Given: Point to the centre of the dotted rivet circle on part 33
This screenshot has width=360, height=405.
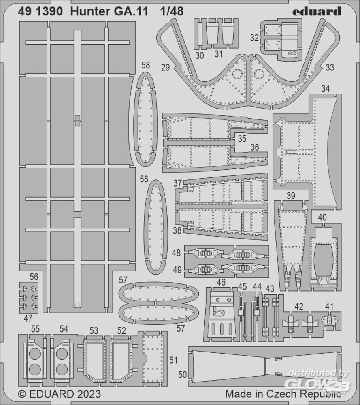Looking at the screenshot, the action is click(258, 75).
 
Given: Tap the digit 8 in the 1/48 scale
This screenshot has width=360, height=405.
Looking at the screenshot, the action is click(179, 12).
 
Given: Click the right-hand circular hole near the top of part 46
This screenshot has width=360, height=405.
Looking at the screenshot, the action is click(229, 300).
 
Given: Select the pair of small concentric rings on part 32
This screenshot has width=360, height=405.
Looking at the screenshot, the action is click(292, 54).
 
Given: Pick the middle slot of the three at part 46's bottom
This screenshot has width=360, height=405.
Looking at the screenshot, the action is click(222, 329).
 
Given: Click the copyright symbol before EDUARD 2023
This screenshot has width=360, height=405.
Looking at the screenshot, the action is click(22, 394).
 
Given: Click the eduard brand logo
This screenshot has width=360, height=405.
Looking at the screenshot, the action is click(317, 12).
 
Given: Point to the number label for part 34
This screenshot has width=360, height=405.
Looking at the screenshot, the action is click(326, 89).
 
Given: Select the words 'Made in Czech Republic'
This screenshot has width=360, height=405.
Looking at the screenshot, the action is click(283, 394).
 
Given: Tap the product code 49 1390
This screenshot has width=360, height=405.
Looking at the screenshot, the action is click(40, 12).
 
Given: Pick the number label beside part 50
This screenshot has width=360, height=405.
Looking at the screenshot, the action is click(182, 375).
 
